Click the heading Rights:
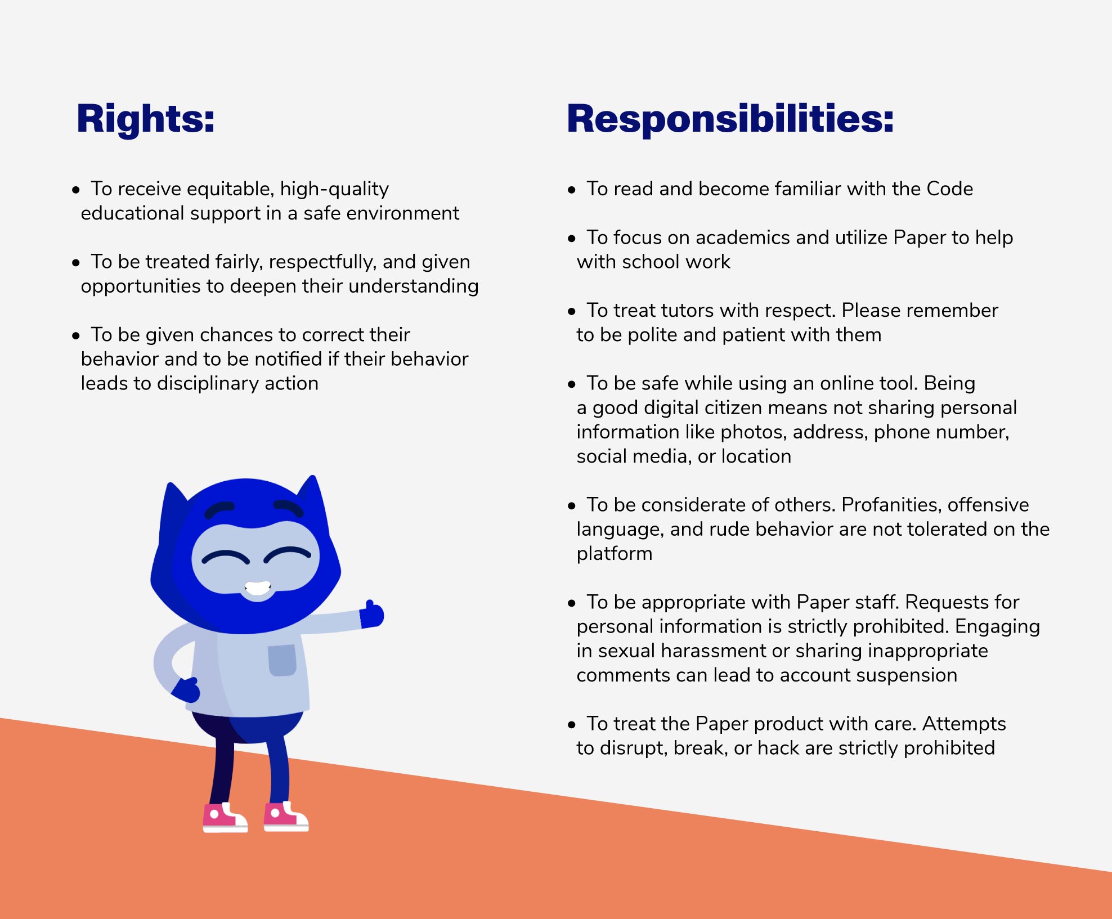point(146,119)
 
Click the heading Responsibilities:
point(730,119)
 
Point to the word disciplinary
point(208,384)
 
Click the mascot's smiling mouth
point(257,589)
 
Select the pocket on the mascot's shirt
point(282,660)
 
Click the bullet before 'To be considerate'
point(572,506)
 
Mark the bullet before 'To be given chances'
point(76,336)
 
